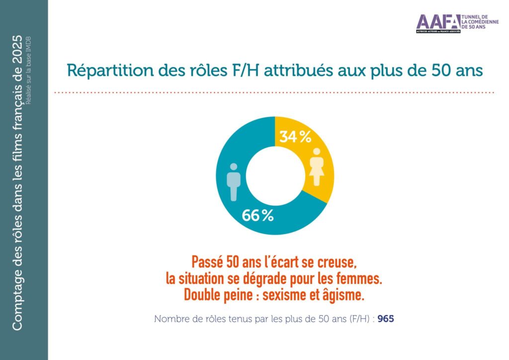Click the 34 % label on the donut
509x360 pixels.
pyautogui.click(x=295, y=136)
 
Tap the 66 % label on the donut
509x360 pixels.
pyautogui.click(x=257, y=216)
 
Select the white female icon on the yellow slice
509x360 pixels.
pyautogui.click(x=316, y=167)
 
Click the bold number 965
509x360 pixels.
pyautogui.click(x=386, y=319)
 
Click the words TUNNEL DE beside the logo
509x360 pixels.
pyautogui.click(x=477, y=17)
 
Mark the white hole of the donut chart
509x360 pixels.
pyautogui.click(x=275, y=176)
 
